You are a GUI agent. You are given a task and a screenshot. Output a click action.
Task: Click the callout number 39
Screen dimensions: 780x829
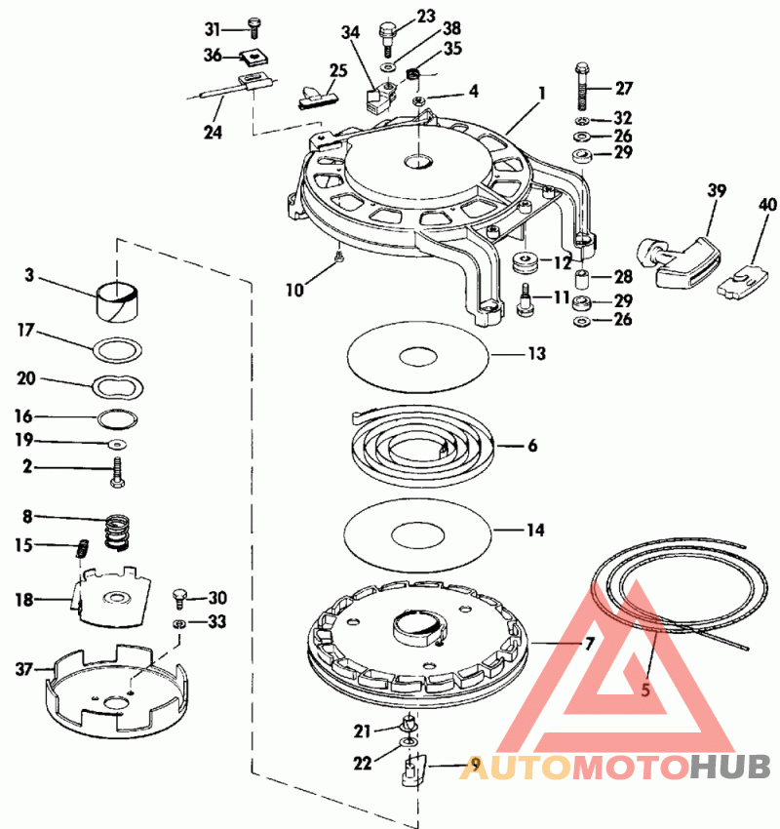tap(717, 190)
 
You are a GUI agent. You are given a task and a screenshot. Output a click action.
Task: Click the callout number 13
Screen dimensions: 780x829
tap(537, 353)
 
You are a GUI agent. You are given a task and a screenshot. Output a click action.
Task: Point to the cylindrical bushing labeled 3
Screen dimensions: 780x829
tap(117, 302)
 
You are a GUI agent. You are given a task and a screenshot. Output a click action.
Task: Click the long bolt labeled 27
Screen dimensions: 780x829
tap(582, 87)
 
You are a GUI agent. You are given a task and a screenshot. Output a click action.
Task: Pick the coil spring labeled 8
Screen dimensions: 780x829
tap(118, 533)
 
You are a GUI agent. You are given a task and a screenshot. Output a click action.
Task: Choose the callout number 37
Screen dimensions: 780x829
tap(24, 669)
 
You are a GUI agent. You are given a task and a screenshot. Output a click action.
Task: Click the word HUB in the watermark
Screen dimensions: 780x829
tap(730, 767)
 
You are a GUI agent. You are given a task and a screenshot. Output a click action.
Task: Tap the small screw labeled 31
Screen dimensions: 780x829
tap(254, 27)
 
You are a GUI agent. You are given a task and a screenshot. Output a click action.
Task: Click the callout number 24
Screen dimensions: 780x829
tap(213, 133)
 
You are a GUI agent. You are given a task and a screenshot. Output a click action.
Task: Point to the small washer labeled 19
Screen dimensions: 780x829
tap(117, 443)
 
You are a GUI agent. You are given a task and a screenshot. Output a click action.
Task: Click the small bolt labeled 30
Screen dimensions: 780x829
tap(179, 601)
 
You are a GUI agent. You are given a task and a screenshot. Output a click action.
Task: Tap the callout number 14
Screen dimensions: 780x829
tap(535, 530)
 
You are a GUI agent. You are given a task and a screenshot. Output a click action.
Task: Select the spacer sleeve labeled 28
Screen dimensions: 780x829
tap(582, 279)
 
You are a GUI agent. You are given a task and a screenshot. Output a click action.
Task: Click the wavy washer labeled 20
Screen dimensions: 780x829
tap(118, 387)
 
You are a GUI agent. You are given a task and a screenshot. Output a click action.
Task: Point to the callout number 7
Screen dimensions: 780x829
tap(589, 644)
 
